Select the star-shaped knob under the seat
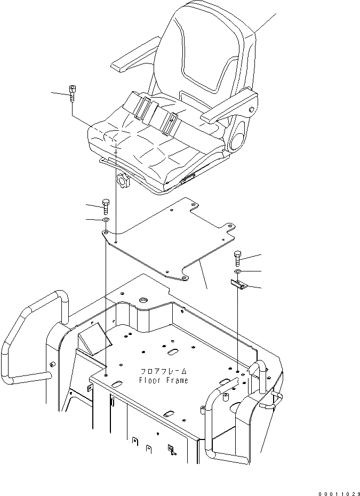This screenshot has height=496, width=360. click(123, 182)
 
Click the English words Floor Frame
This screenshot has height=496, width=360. click(163, 380)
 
